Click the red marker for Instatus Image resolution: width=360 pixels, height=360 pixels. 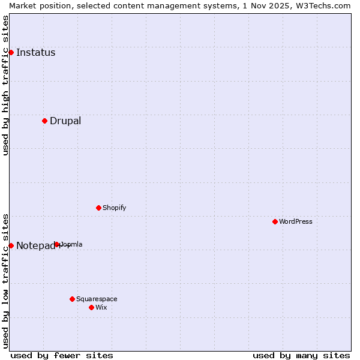(11, 52)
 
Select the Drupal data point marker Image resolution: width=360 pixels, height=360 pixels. (44, 121)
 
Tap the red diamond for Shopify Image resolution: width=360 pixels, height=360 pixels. (98, 208)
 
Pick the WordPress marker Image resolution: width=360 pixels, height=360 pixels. (275, 221)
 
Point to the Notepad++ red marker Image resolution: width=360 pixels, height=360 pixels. (11, 245)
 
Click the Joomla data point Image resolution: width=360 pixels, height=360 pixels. (57, 244)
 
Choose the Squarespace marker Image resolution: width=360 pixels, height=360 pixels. (72, 299)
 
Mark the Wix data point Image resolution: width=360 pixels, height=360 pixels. (91, 307)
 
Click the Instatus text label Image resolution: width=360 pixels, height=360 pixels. (35, 52)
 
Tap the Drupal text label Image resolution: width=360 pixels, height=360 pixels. (65, 121)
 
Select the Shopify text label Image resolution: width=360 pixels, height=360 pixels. (114, 208)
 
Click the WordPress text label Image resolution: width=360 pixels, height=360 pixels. (296, 221)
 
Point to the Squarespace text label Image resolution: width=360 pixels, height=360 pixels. (97, 299)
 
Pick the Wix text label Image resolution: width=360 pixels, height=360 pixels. (101, 307)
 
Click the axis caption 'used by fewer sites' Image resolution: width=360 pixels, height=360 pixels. (62, 355)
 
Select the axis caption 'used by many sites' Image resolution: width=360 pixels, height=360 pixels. (301, 355)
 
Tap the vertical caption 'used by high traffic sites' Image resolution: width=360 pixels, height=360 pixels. (5, 85)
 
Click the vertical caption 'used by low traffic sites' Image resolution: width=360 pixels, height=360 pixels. (5, 280)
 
